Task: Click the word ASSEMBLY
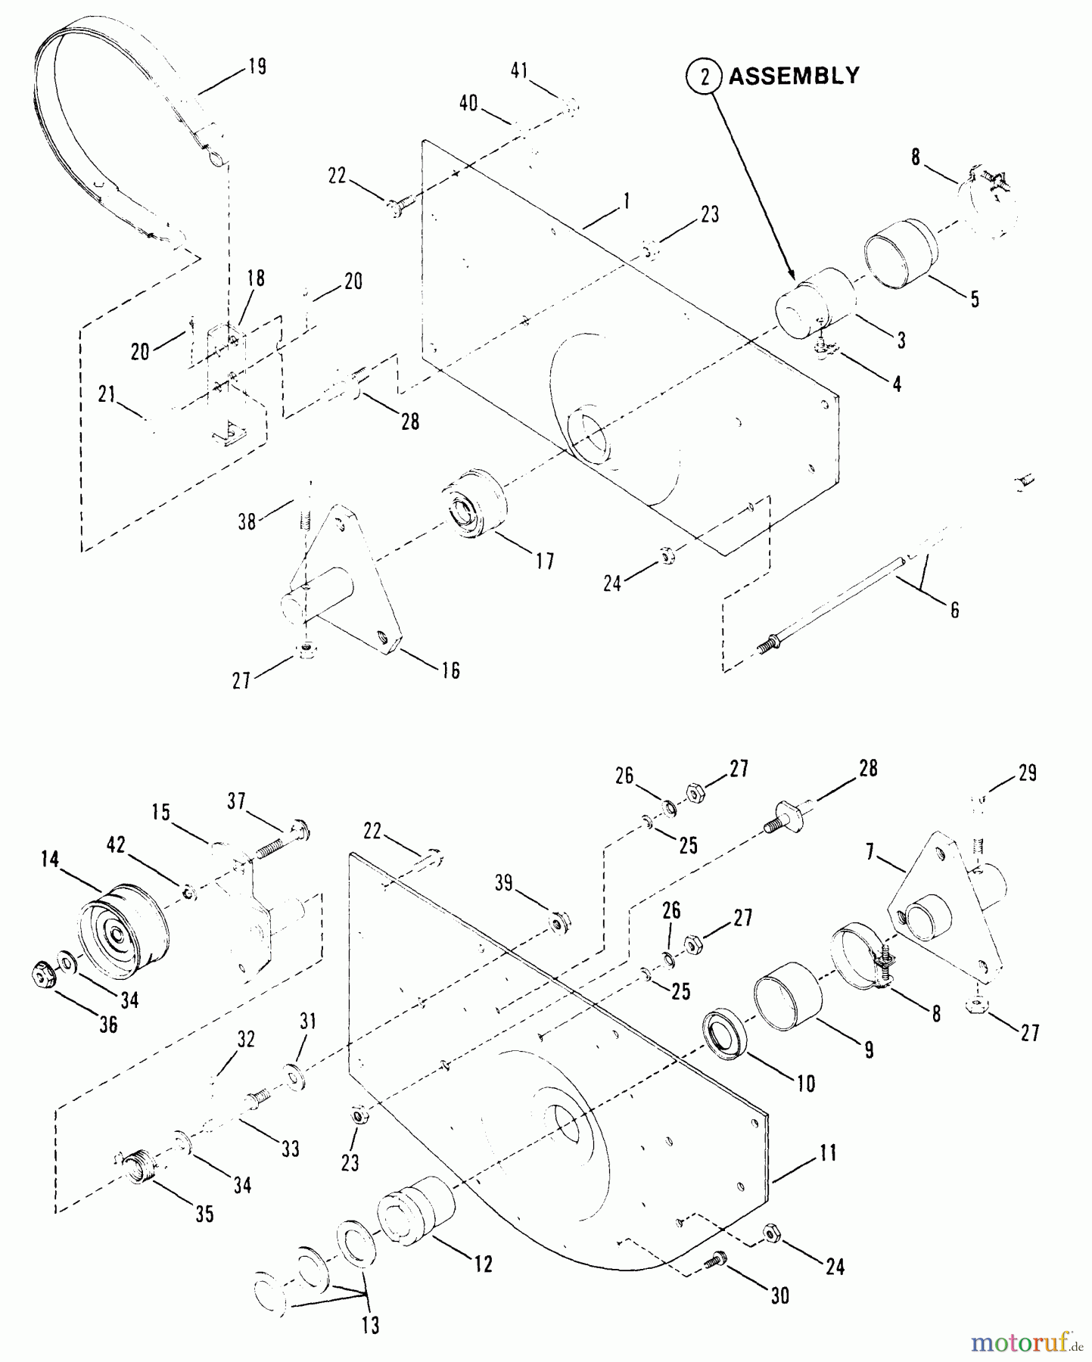[x=794, y=76]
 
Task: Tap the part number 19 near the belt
[x=257, y=67]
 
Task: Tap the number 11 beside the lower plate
[x=828, y=1153]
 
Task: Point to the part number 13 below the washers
[x=369, y=1325]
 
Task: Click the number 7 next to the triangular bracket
[x=870, y=854]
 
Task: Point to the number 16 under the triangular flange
[x=450, y=670]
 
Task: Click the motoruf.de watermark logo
[x=1026, y=1342]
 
